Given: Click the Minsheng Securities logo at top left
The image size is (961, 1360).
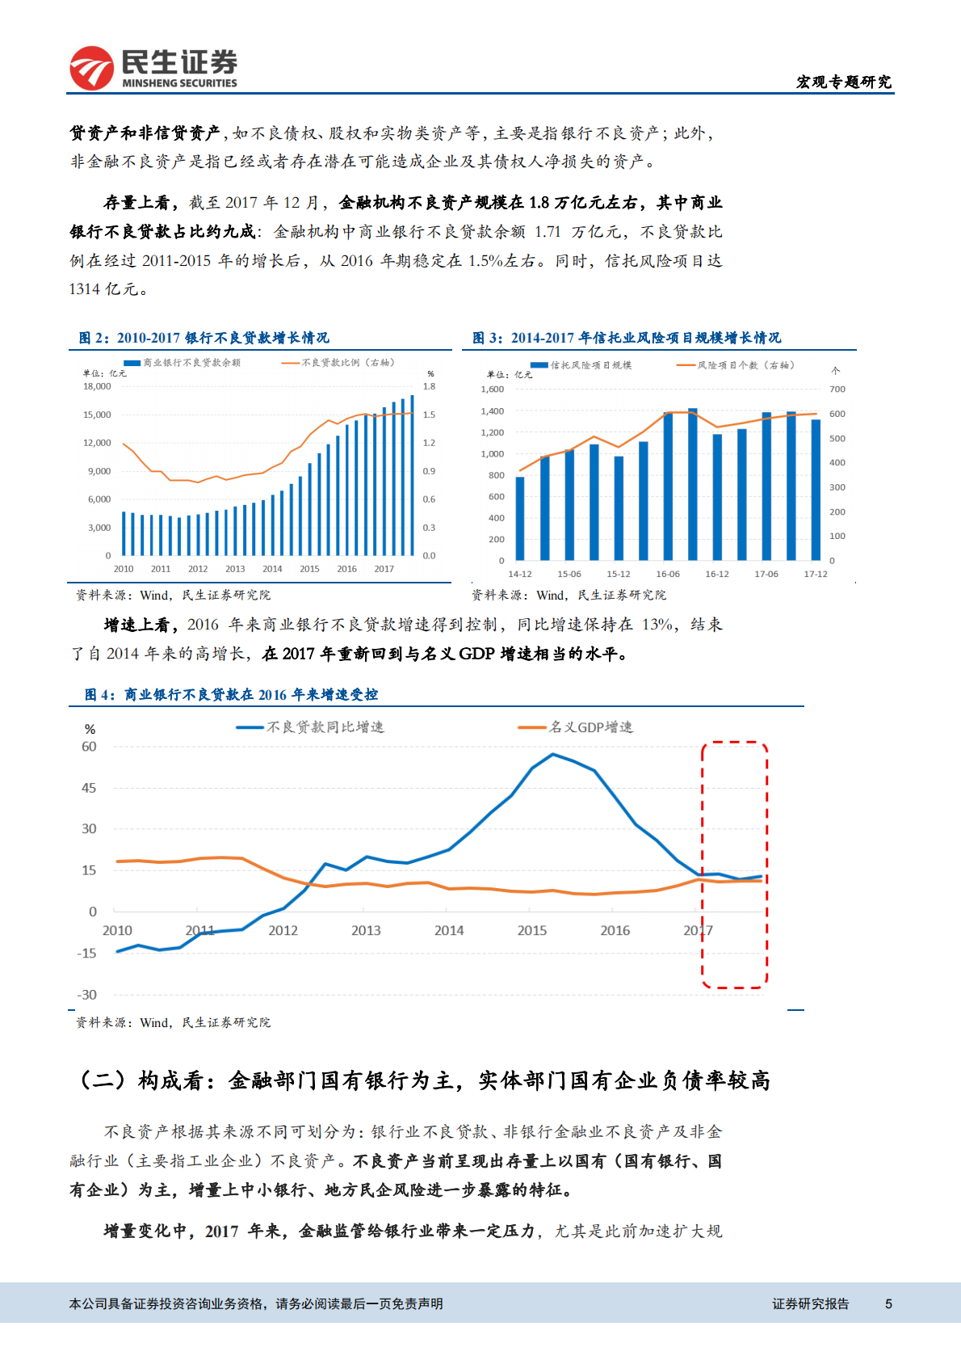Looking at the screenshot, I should (x=153, y=68).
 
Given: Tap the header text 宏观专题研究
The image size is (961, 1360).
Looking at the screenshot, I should (x=843, y=82).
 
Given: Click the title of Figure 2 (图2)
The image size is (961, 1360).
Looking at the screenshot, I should (x=204, y=338).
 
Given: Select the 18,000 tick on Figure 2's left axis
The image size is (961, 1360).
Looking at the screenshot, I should (x=97, y=386).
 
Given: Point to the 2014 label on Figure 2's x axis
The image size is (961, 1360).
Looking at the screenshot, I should (x=272, y=569).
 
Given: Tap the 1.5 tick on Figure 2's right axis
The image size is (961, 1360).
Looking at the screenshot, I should (x=429, y=415).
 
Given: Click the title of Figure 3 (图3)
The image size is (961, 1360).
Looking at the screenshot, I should (x=627, y=338).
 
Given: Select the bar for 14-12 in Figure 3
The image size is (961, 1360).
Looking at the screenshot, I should (x=520, y=518).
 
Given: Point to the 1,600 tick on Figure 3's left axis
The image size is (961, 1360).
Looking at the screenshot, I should (x=492, y=389).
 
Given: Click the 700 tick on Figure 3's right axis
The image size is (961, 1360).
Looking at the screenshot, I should (x=837, y=389).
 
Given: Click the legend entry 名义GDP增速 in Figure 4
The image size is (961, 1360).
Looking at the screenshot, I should (x=590, y=727).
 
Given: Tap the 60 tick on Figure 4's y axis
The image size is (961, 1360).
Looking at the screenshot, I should (x=89, y=747).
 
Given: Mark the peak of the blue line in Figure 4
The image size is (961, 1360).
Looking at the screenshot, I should (x=552, y=754).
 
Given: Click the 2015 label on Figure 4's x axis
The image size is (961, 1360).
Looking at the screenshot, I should (x=531, y=931).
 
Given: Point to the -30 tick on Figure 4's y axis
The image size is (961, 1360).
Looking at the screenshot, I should (x=87, y=995).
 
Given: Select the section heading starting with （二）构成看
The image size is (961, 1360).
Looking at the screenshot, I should (x=423, y=1080).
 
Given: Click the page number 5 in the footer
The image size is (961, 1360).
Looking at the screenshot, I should (x=888, y=1303).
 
